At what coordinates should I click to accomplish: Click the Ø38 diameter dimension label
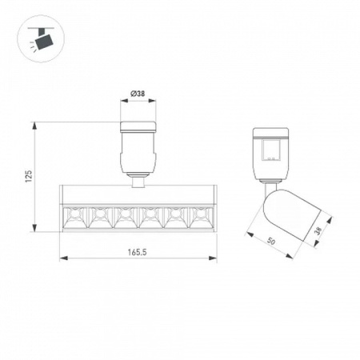pos(138,94)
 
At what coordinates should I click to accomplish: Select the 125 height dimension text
pos(28,176)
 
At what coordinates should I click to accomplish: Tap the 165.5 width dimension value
pos(138,252)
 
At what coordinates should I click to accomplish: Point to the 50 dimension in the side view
pos(270,242)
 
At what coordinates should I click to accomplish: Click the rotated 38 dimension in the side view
pos(318,230)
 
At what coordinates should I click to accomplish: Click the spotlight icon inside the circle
pos(42,39)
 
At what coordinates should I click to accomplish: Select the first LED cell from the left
pos(74,218)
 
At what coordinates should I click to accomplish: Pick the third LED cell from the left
pos(126,218)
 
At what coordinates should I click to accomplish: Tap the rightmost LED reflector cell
pos(202,218)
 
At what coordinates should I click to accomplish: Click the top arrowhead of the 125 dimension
pos(34,126)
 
